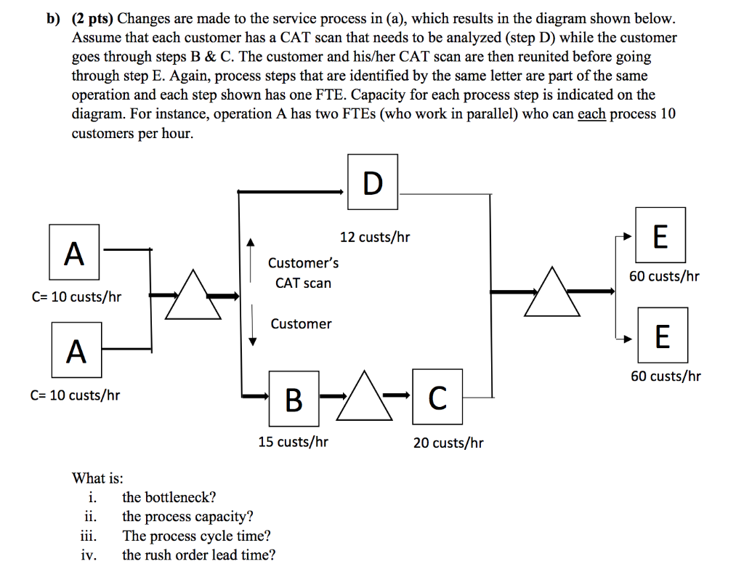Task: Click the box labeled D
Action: (372, 183)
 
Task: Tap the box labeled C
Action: (437, 397)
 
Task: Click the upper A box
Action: (74, 252)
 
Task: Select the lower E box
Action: (662, 335)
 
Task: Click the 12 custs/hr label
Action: (375, 237)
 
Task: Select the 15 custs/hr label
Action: (293, 441)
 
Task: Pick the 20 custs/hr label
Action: (448, 443)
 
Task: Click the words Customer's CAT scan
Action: (303, 273)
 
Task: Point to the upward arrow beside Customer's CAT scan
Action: (251, 259)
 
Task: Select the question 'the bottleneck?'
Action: (169, 497)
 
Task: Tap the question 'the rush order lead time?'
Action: (198, 555)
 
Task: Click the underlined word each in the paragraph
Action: (591, 114)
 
